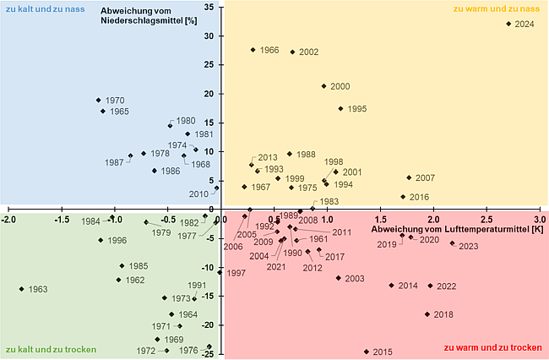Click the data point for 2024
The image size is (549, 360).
[508, 24]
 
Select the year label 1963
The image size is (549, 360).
[38, 289]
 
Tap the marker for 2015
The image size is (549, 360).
[366, 352]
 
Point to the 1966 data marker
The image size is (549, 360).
[253, 50]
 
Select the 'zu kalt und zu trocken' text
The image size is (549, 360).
[51, 350]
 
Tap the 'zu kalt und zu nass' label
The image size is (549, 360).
[42, 9]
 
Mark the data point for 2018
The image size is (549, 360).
[427, 314]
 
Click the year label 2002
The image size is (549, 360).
[308, 52]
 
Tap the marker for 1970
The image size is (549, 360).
[98, 100]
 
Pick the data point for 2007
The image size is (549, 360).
[409, 177]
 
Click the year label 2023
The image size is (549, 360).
[468, 246]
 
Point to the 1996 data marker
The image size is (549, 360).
[101, 240]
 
